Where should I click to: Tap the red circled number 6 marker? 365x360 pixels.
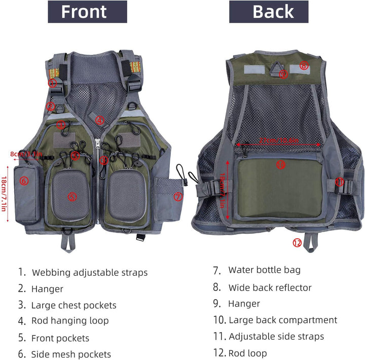coord(24,181)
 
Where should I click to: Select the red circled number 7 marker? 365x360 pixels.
coord(177,197)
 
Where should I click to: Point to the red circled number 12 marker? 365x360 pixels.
coord(297,243)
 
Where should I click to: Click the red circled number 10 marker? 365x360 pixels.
coord(280,164)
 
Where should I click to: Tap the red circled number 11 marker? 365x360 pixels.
coord(340,182)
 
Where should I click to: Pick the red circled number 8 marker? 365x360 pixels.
coord(304,65)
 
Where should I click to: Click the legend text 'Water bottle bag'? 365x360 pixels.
coord(264,270)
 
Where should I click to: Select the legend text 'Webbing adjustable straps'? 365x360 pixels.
coord(90,273)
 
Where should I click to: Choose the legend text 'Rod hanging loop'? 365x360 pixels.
coord(70,320)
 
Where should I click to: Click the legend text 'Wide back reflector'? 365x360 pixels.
coord(270,287)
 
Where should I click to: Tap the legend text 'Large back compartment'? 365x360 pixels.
coord(282,320)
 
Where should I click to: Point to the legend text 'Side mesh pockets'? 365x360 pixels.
coord(71,354)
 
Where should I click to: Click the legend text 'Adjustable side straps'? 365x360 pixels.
coord(276,336)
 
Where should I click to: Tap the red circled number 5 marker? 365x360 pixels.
coord(71,196)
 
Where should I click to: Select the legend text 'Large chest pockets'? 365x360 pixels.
coord(74,305)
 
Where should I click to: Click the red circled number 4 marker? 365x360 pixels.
coord(100,121)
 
